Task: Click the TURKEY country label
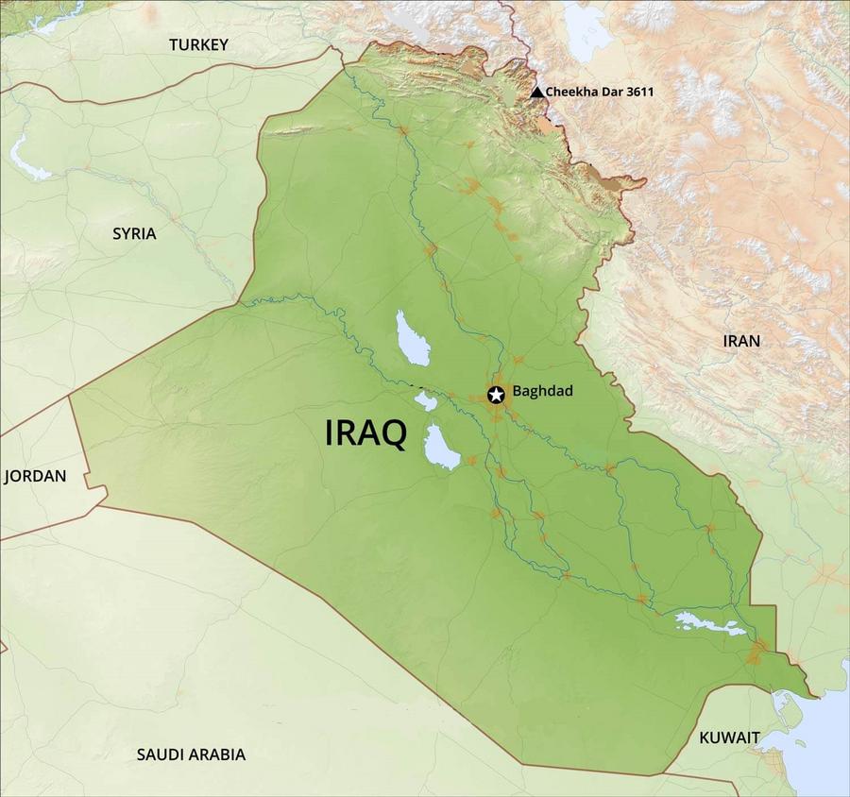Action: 198,44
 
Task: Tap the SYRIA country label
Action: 134,233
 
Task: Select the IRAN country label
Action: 740,341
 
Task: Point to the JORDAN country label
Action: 35,476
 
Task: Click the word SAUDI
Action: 164,755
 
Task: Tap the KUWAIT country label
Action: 729,737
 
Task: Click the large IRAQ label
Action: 365,433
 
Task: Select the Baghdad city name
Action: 542,391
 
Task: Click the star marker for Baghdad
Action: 496,395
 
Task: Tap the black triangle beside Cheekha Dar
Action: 537,92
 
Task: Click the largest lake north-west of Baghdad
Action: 413,339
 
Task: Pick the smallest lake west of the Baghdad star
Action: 426,402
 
